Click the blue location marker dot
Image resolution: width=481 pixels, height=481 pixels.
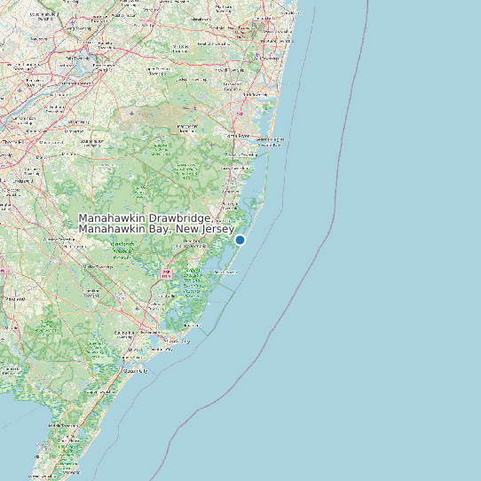(240, 240)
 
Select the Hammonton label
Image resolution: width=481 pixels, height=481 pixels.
(89, 265)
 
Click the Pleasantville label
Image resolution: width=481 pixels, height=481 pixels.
(160, 333)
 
